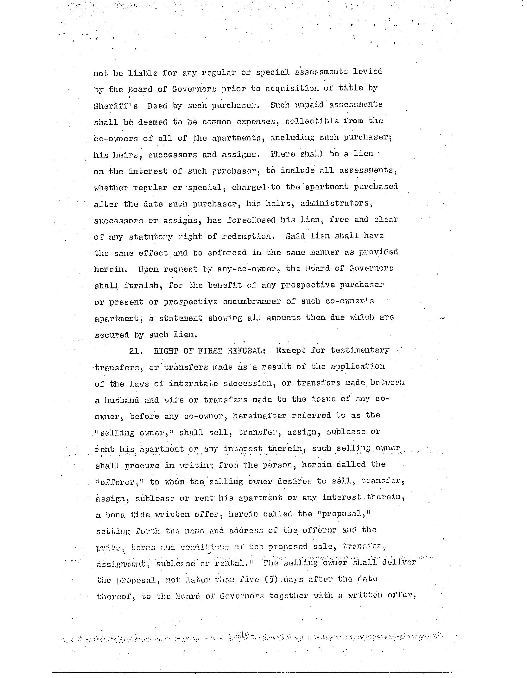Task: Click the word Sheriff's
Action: tap(116, 106)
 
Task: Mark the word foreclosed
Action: tap(251, 220)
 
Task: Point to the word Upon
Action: tap(148, 269)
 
